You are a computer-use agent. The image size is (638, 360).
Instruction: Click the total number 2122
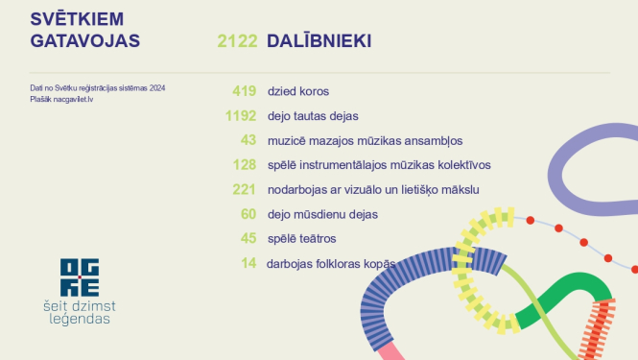pos(238,41)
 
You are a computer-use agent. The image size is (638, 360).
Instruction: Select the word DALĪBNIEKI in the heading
pos(320,41)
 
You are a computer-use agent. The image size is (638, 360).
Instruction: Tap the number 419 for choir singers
pos(244,91)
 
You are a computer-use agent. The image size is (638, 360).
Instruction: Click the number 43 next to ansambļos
pos(248,140)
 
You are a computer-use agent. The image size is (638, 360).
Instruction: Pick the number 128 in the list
pos(244,164)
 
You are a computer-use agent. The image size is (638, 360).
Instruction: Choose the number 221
pos(244,189)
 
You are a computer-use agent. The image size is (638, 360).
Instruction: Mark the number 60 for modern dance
pos(248,213)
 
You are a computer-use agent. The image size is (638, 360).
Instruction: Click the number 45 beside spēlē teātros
pos(248,238)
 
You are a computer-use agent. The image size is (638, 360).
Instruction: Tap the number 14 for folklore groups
pos(248,262)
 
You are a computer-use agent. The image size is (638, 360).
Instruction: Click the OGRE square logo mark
pos(79,276)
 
